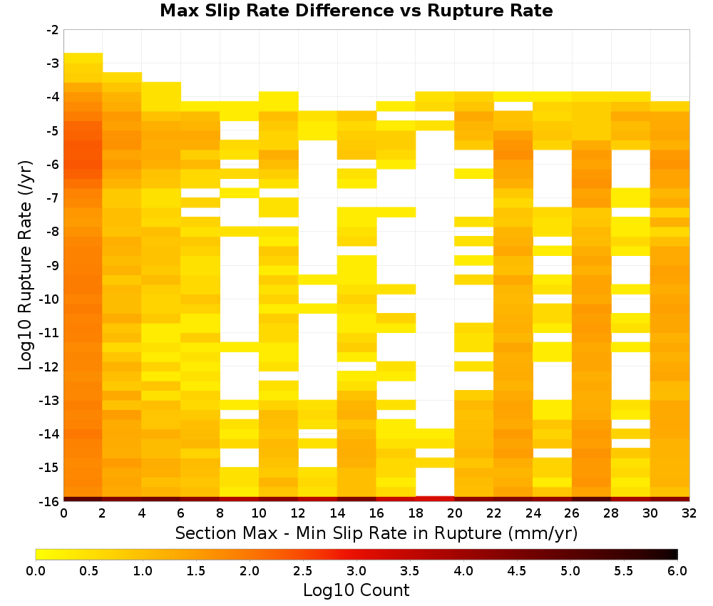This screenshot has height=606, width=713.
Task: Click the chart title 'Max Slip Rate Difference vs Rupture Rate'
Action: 356,11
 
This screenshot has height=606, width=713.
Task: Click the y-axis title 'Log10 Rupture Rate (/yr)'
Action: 26,265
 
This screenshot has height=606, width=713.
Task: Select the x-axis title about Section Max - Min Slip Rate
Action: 376,533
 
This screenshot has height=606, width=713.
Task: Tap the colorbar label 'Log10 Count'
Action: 356,590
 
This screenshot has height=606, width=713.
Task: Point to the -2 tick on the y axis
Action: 53,30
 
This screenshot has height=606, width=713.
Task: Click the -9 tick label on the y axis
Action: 53,265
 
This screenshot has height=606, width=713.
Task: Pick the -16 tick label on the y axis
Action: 50,501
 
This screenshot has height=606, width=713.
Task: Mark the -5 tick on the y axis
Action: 53,131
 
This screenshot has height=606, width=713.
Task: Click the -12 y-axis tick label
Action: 50,366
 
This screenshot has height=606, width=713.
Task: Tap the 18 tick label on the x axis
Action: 416,513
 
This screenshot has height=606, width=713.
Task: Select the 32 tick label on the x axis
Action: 689,513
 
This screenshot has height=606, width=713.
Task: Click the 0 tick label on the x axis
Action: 63,513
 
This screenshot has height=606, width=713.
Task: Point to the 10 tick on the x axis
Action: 260,513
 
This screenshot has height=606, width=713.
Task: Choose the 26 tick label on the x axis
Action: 572,513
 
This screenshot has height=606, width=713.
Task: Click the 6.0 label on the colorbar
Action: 677,570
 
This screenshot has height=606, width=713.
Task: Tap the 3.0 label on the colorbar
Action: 356,570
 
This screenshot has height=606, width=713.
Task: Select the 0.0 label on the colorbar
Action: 36,570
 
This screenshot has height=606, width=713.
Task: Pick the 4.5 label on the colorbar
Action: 517,570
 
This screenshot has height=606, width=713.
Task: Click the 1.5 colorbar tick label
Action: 196,570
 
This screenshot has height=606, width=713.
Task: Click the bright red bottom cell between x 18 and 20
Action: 435,499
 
